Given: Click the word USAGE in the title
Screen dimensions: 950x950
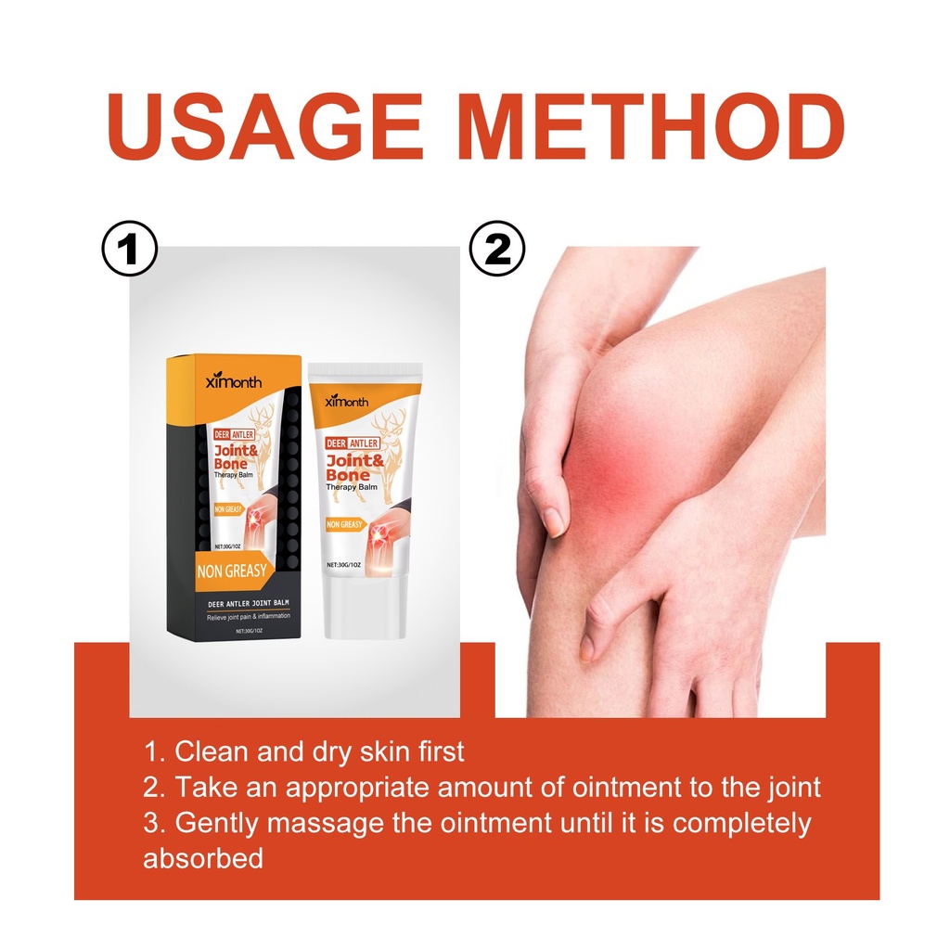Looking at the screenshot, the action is pos(264,127).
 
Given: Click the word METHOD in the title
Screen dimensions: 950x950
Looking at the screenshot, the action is pos(650,127).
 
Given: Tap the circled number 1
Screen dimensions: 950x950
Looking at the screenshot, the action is pos(129,250).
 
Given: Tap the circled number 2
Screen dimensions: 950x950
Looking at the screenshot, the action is pos(497,249).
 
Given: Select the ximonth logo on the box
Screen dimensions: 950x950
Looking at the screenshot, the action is pos(234,381).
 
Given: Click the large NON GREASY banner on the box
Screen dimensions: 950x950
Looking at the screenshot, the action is pos(233,571).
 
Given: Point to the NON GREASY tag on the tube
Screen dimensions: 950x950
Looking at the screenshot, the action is pos(345,525).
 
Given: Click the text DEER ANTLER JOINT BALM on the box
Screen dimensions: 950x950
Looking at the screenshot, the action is pos(249,603).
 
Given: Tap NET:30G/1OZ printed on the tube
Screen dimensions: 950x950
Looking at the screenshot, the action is pos(343,565).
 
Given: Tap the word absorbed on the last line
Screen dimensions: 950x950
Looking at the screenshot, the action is pos(203,858).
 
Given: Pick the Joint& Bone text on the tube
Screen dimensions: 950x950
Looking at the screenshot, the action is pos(355,468).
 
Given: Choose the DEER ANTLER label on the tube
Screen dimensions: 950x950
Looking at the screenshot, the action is pos(352,443).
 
